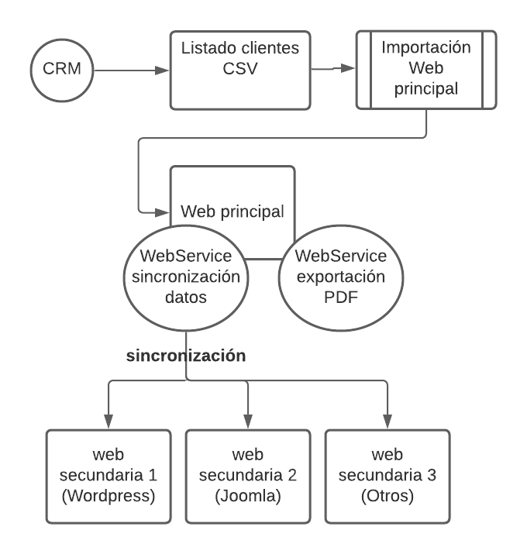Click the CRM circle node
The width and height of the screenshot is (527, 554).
(62, 71)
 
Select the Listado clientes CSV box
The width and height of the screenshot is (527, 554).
(239, 70)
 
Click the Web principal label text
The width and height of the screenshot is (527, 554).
(232, 211)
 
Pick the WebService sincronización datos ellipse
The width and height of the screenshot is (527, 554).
(186, 275)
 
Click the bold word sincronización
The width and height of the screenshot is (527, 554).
(186, 356)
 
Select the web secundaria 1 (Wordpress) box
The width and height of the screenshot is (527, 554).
(108, 475)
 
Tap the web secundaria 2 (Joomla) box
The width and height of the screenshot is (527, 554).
(248, 475)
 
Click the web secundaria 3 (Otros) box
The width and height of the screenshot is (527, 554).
(387, 475)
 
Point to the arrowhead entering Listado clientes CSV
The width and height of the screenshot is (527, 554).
(163, 71)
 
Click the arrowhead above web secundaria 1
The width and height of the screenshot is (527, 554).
(108, 418)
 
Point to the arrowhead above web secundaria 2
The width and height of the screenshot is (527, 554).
(248, 418)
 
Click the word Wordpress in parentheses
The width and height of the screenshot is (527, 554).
(108, 495)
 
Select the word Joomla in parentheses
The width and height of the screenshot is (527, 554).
(248, 495)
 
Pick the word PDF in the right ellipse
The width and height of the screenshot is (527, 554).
(342, 295)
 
